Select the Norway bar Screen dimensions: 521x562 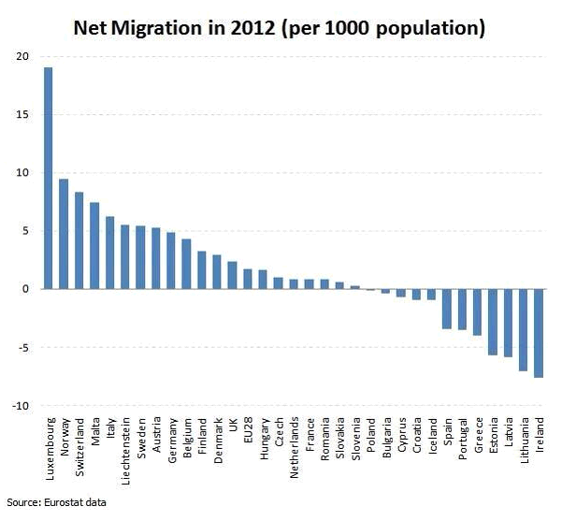click(64, 234)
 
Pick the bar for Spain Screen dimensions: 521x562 click(447, 309)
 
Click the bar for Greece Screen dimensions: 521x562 click(477, 311)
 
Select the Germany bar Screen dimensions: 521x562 click(171, 261)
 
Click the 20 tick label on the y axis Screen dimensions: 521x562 click(23, 57)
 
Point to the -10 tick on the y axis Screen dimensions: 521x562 click(22, 405)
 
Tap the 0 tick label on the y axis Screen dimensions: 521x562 click(27, 289)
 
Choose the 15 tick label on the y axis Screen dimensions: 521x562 click(23, 115)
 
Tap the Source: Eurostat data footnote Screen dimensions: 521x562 click(57, 502)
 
